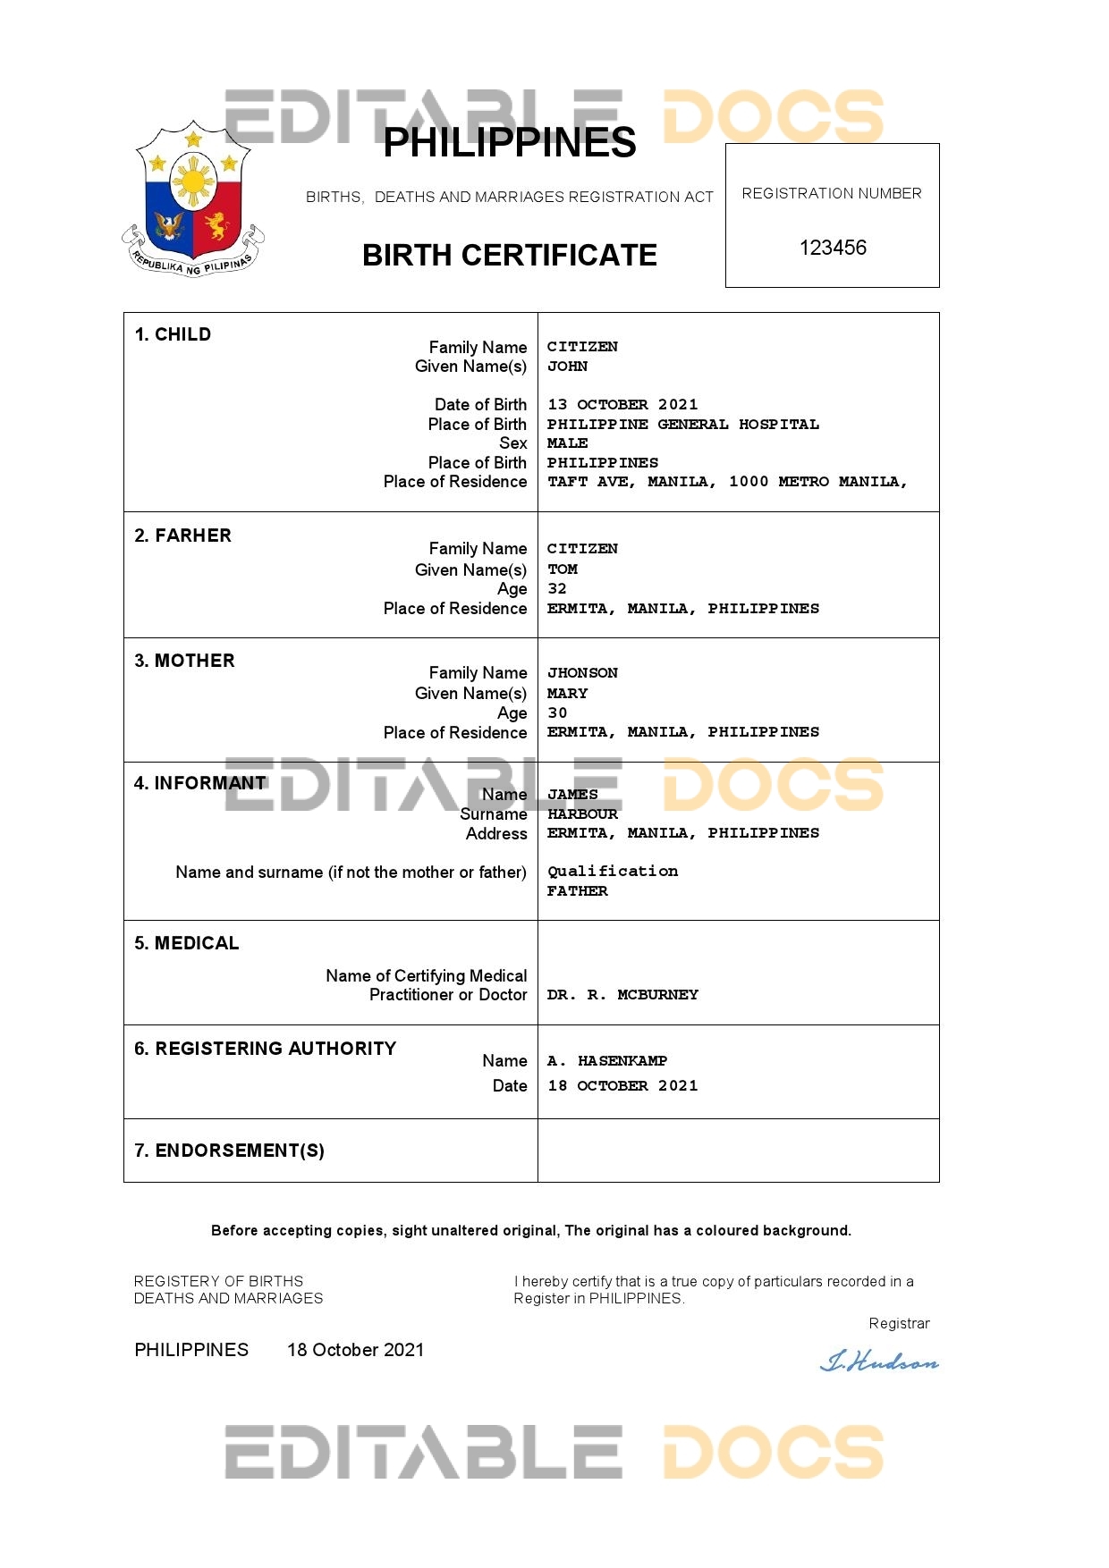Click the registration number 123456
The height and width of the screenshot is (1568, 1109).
coord(833,248)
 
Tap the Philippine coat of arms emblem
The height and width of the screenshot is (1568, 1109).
coord(193,199)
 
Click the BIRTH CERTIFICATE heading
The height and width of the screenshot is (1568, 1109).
coord(509,256)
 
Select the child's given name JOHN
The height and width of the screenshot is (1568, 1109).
coord(567,367)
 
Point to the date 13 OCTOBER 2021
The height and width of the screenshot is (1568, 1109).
coord(622,405)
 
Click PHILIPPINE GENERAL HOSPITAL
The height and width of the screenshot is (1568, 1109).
coord(682,425)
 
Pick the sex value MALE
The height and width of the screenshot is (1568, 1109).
coord(567,443)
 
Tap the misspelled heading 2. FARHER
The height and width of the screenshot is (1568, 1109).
coord(182,535)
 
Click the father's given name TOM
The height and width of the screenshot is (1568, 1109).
coord(563,569)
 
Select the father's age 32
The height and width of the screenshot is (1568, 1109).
coord(557,589)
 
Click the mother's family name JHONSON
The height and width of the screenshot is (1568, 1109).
coord(582,673)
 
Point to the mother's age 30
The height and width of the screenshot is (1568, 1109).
coord(557,713)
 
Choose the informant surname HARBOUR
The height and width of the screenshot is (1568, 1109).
coord(582,814)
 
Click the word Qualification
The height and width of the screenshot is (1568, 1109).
coord(613,872)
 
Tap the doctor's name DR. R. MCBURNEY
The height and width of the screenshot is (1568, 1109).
coord(622,995)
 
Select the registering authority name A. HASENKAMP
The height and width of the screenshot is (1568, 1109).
coord(607,1061)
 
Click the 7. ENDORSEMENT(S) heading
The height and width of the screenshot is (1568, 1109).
coord(229,1151)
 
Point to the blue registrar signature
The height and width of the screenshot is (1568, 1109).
coord(879,1362)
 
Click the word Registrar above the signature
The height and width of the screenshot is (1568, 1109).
coord(899,1324)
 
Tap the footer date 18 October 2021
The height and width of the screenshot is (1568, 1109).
coord(355,1350)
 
